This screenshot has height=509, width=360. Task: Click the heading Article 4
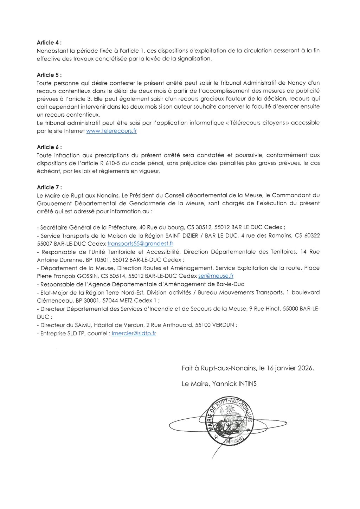click(x=49, y=43)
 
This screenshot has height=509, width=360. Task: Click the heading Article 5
click(x=49, y=75)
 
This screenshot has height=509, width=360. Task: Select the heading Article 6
click(x=49, y=147)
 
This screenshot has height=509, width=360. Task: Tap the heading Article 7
click(x=49, y=187)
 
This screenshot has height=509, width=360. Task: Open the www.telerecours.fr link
click(x=111, y=131)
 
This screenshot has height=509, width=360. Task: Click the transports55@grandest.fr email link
click(x=140, y=243)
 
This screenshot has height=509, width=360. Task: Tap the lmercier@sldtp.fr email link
click(x=134, y=333)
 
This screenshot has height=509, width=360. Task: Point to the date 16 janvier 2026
click(x=288, y=368)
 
